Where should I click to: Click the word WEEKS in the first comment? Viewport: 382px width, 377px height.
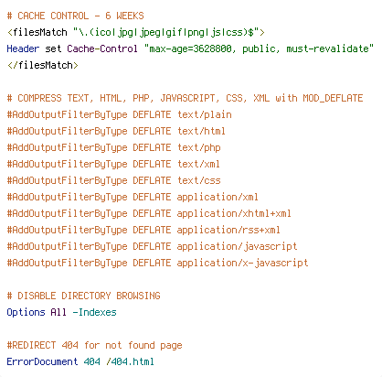coord(130,16)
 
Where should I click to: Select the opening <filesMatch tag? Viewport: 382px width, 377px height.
coord(37,32)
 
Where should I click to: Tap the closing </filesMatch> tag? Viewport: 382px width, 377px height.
coord(43,65)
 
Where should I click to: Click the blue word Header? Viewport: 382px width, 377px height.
coord(23,48)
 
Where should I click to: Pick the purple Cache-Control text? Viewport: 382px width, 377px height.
coord(102,48)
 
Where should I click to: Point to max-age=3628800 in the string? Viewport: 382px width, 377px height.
coord(190,48)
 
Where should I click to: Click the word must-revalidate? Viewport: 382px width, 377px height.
coord(327,48)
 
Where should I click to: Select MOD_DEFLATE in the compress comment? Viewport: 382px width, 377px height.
coord(333,98)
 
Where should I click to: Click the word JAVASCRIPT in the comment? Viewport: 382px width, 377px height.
coord(187,98)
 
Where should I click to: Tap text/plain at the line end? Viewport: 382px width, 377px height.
coord(205,114)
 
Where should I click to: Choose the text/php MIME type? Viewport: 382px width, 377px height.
coord(199,147)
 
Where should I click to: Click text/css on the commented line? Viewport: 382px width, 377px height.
coord(199,180)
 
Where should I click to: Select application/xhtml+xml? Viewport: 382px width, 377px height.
coord(234,213)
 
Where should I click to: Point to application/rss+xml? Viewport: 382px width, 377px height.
coord(228,230)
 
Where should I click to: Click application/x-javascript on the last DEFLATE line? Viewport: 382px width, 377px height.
coord(242,263)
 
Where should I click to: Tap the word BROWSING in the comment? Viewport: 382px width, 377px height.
coord(138,296)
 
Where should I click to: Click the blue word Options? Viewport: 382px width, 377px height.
coord(26,312)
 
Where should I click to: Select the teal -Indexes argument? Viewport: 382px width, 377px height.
coord(94,312)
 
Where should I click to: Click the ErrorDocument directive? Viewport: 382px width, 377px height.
coord(42,361)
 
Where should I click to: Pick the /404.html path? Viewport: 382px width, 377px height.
coord(130,361)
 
